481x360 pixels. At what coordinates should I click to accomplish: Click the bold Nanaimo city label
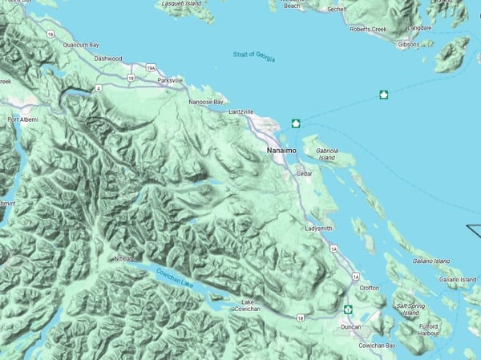click(x=283, y=150)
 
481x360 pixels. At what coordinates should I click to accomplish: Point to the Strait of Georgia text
click(x=254, y=55)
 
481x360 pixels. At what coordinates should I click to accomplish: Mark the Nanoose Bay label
click(x=205, y=102)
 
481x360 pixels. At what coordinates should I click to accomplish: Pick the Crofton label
click(x=370, y=288)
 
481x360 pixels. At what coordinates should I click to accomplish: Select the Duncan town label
click(x=351, y=327)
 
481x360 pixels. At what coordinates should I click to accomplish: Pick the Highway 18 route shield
click(x=301, y=319)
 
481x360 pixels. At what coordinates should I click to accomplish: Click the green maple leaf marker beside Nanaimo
click(x=296, y=123)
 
